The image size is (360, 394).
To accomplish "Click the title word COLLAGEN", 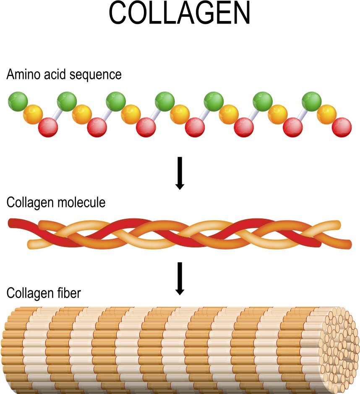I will coord(180,15).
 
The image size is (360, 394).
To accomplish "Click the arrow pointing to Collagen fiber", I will coord(180,278).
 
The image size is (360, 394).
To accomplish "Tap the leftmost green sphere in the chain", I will coord(18,101).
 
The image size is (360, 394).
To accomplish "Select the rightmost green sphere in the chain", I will coord(312,101).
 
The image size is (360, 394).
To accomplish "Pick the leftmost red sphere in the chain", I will coord(48,127).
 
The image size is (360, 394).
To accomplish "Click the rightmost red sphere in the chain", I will coord(342,127).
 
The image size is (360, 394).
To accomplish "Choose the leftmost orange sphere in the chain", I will coord(33,114).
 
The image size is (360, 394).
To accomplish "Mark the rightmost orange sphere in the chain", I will coord(326,114).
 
